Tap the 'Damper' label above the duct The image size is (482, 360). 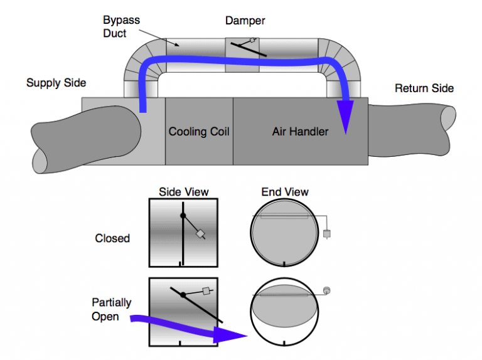tap(245, 21)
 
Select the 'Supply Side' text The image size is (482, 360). tap(56, 83)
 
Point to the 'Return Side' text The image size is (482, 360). tap(424, 88)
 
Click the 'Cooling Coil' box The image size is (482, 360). tap(199, 132)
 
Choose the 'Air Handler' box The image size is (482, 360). tap(300, 132)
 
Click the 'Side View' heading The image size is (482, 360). tap(183, 191)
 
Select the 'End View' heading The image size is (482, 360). tap(285, 191)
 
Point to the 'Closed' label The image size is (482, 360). tap(112, 238)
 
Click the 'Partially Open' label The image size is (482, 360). tap(111, 309)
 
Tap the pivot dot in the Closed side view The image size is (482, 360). tap(183, 215)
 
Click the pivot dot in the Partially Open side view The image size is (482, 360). tap(183, 295)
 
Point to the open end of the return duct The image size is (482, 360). tap(448, 128)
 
